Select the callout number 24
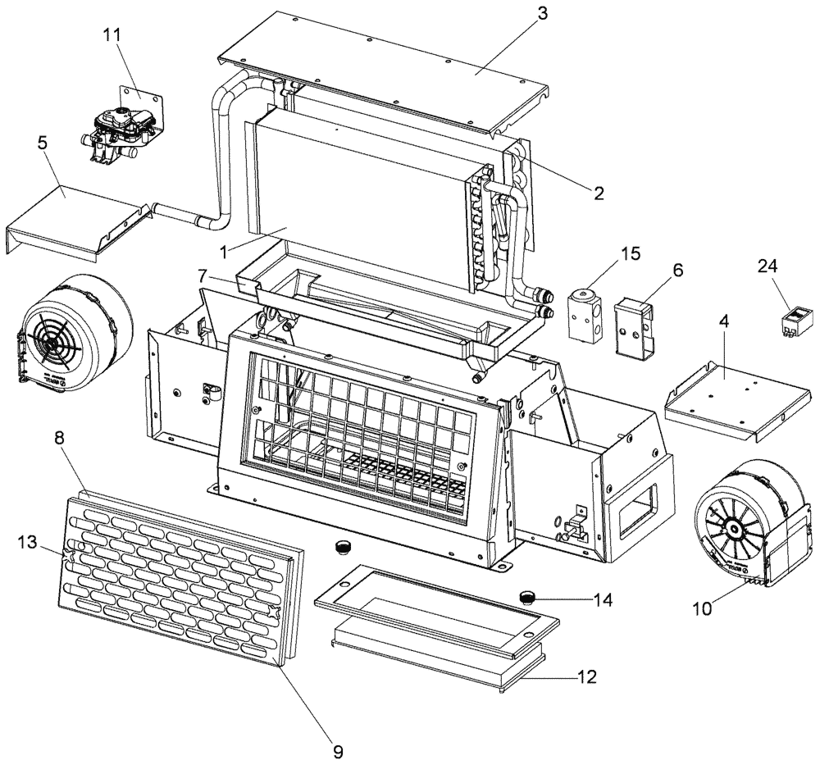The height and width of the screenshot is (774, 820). pos(768,267)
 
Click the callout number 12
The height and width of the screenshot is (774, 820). pos(587,677)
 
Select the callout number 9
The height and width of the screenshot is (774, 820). pos(338,751)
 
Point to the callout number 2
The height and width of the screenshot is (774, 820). pos(599,193)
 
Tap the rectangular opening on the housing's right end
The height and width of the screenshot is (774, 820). pos(639,505)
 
